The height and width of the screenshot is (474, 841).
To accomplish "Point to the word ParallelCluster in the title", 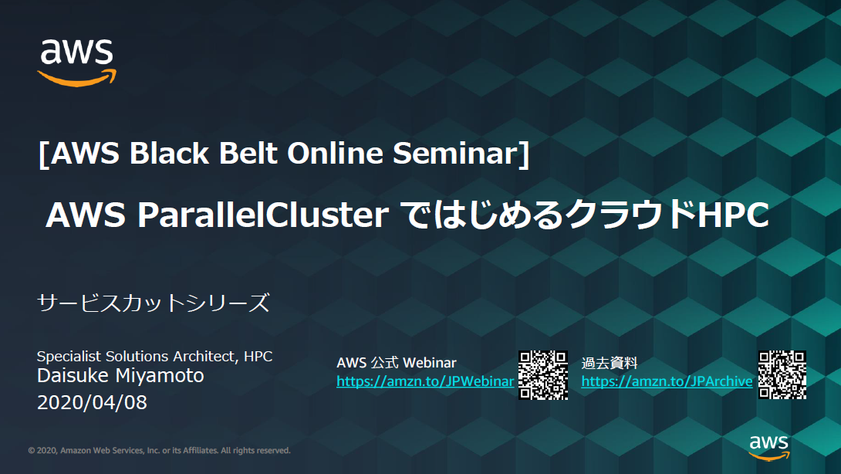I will (x=262, y=215).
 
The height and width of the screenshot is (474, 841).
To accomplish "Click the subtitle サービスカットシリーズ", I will (x=154, y=303).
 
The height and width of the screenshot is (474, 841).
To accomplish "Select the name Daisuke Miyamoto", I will (x=120, y=376).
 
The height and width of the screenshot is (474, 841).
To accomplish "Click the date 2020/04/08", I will (x=92, y=402).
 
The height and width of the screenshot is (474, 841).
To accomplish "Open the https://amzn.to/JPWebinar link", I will (x=425, y=381).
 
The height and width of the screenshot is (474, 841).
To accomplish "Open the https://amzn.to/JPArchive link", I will (x=667, y=381).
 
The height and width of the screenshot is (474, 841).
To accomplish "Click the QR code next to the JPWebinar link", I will (x=543, y=375).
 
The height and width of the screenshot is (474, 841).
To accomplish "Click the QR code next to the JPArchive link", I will (x=782, y=375).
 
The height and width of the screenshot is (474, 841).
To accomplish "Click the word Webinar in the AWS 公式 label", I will (x=430, y=363).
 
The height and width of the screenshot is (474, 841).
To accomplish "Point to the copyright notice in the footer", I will (x=160, y=451).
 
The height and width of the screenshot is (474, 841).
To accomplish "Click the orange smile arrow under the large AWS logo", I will (x=77, y=78).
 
